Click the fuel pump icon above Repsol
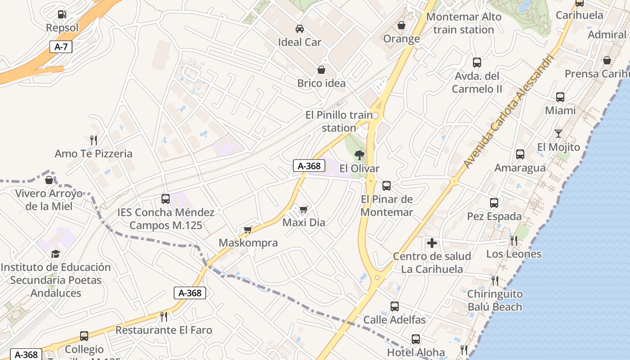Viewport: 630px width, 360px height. pyautogui.click(x=62, y=14)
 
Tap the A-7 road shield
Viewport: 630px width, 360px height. pyautogui.click(x=61, y=47)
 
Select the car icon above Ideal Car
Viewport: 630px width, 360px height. pyautogui.click(x=300, y=29)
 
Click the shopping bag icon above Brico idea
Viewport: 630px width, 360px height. pyautogui.click(x=321, y=70)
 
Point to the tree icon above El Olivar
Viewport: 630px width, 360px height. pyautogui.click(x=359, y=156)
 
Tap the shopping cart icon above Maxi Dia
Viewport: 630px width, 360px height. pyautogui.click(x=304, y=209)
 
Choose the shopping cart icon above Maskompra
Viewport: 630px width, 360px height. pyautogui.click(x=247, y=230)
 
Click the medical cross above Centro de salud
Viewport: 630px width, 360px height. pyautogui.click(x=432, y=243)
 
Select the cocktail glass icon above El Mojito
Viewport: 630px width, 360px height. pyautogui.click(x=558, y=134)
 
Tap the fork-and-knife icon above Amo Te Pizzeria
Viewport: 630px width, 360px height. pyautogui.click(x=94, y=140)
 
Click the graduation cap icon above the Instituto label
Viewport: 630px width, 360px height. pyautogui.click(x=55, y=254)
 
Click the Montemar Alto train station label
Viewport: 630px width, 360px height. pyautogui.click(x=463, y=23)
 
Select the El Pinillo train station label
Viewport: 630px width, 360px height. pyautogui.click(x=339, y=121)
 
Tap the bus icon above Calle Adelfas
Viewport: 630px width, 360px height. pyautogui.click(x=395, y=306)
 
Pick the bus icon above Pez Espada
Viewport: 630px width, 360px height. pyautogui.click(x=494, y=203)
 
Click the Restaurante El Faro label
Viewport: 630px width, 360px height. pyautogui.click(x=164, y=330)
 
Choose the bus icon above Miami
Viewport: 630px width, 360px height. pyautogui.click(x=560, y=97)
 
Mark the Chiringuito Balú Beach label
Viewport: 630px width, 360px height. pyautogui.click(x=495, y=301)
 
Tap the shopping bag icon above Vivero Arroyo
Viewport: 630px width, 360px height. pyautogui.click(x=49, y=180)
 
